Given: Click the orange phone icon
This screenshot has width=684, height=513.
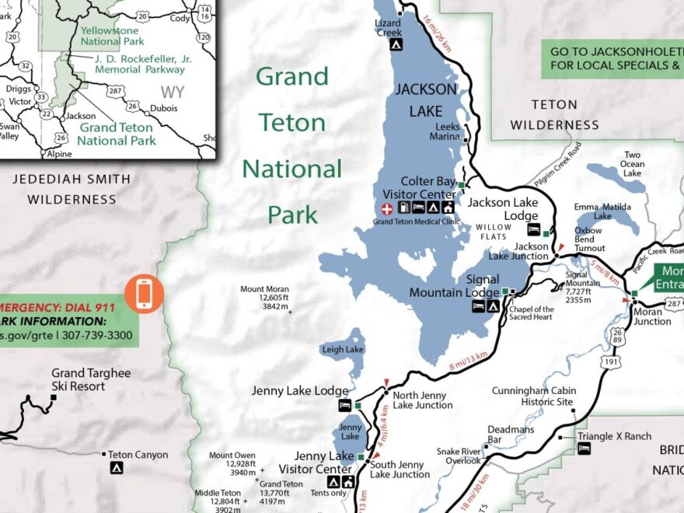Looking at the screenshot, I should pos(144,294).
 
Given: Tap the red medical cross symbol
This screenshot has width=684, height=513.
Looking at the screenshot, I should pos(386,208).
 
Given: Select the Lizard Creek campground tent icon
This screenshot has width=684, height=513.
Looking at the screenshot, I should pos(396,45).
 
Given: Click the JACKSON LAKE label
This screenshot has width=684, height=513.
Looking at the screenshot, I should pos(424,100).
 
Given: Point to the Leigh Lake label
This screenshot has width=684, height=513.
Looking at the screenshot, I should pos(342,350).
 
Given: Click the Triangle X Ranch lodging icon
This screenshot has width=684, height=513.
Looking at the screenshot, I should pos(584,448).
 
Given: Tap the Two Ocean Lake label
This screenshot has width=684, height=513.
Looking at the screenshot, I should pos(633,164).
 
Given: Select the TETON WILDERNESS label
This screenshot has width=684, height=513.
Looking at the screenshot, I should pos(554,114).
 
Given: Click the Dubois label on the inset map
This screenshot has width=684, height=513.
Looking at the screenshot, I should pos(164,109).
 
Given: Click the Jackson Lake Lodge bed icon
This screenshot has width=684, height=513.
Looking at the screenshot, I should pos(534,229).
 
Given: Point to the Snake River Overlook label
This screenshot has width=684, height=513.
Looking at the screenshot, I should pos(459,455).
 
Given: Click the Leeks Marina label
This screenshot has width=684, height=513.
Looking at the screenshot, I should pos(447,131).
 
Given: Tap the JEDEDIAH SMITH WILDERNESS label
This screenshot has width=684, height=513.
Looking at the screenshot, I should pos(72,189).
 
